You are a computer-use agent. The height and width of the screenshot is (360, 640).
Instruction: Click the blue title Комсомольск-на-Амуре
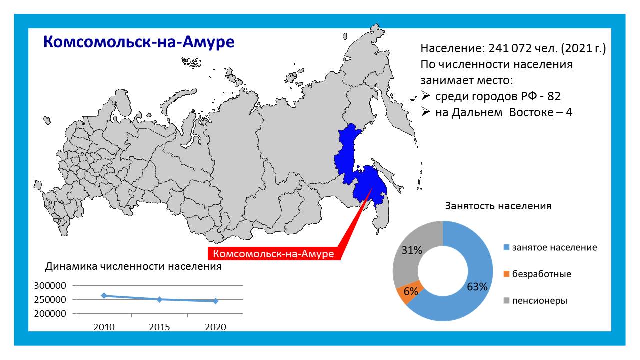(139, 42)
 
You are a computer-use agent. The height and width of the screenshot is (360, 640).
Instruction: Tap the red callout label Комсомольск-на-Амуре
(273, 253)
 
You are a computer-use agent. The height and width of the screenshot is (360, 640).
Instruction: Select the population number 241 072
(509, 48)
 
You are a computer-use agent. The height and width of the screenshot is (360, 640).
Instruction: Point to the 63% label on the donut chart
(477, 287)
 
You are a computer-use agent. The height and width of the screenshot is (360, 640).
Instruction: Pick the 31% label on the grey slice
(412, 250)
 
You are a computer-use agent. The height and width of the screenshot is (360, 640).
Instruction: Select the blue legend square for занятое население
(506, 247)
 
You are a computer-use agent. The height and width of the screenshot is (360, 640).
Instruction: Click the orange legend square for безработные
(506, 274)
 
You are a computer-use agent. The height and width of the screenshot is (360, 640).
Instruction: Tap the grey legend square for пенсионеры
(506, 301)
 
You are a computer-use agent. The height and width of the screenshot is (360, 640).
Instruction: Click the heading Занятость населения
(498, 206)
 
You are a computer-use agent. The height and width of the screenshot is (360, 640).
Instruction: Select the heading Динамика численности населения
(133, 266)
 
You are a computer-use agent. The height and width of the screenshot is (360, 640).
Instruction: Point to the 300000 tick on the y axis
(50, 285)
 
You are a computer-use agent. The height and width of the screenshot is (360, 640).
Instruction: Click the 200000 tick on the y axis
(50, 313)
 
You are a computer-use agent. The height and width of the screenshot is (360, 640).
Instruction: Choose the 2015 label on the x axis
(159, 327)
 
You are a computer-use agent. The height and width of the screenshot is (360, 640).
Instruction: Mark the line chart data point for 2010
(104, 296)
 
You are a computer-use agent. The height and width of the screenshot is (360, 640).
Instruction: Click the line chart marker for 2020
(215, 301)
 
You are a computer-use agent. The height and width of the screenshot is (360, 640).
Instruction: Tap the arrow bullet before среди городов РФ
(425, 96)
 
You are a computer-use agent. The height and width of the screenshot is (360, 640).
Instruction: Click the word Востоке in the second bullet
(531, 112)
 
